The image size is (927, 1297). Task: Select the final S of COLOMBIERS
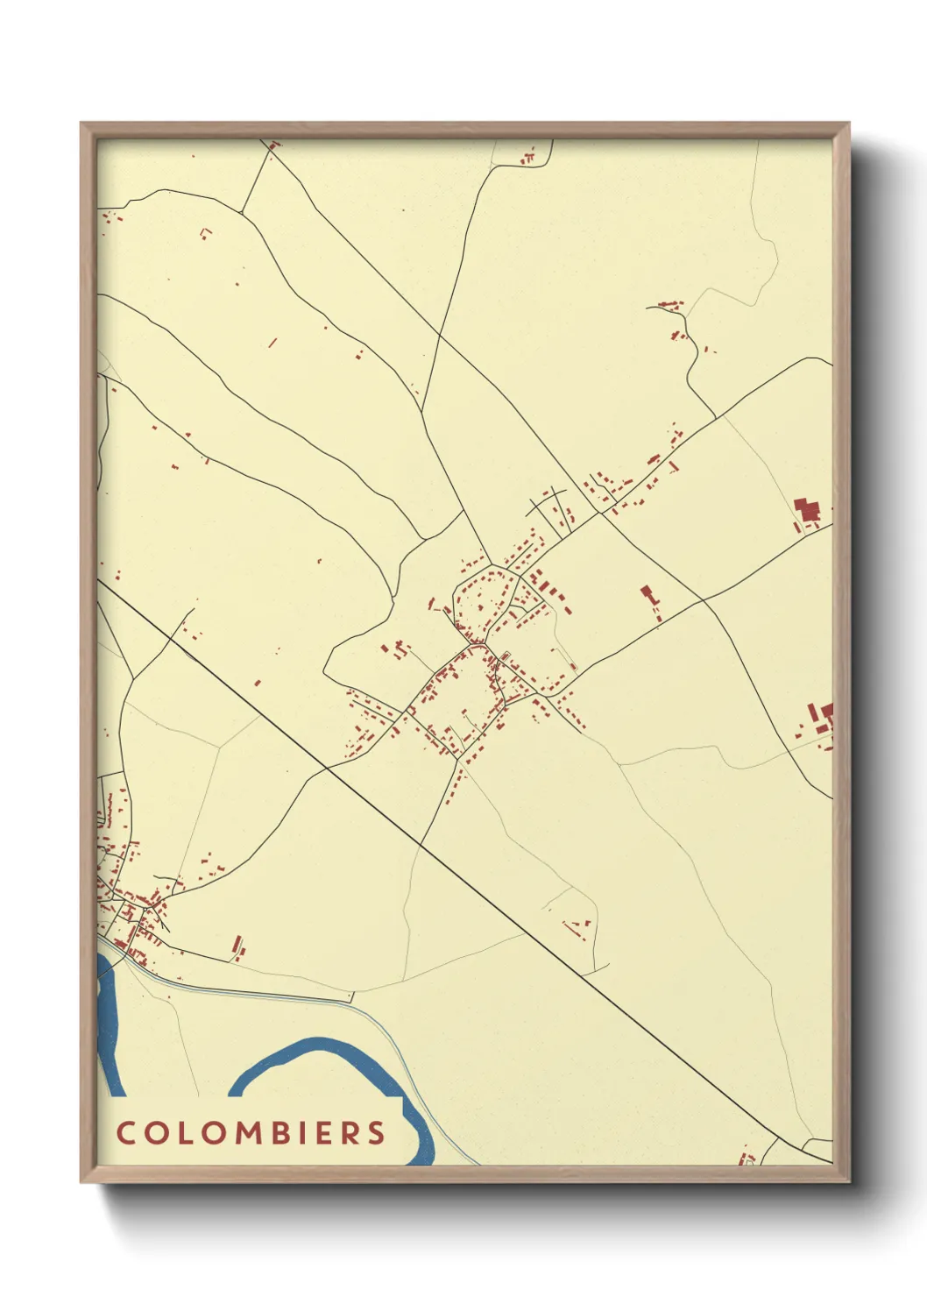[x=377, y=1132]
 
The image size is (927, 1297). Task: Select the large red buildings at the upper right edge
[x=807, y=511]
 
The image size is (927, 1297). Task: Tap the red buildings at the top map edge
[x=527, y=159]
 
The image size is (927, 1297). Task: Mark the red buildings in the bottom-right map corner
[x=747, y=1158]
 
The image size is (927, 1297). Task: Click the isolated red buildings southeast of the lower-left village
[x=237, y=947]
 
